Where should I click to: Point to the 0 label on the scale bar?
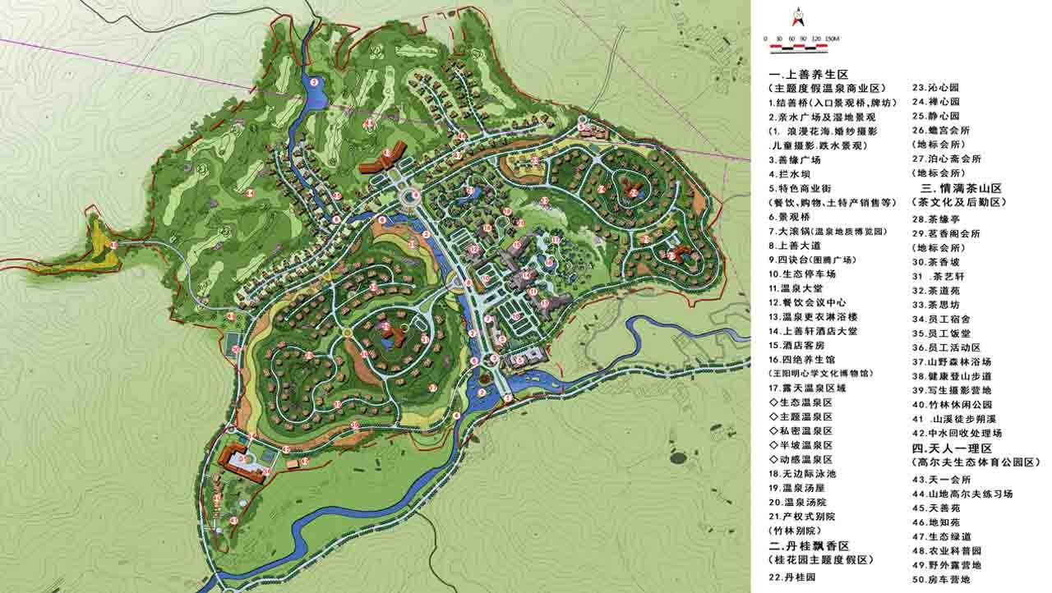766,39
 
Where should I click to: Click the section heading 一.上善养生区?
808,74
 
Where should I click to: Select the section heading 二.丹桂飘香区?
808,545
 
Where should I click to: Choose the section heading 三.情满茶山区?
957,187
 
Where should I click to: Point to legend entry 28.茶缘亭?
938,219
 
